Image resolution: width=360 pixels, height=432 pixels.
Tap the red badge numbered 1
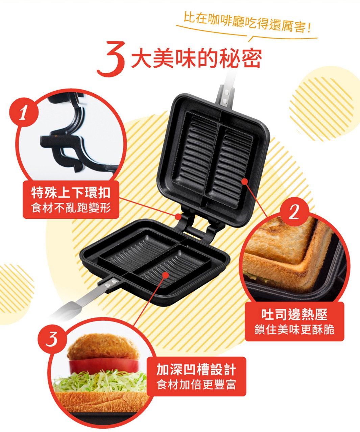pyautogui.click(x=24, y=112)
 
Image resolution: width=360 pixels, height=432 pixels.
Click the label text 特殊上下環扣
pyautogui.click(x=71, y=192)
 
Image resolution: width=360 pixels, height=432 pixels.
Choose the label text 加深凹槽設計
pyautogui.click(x=196, y=369)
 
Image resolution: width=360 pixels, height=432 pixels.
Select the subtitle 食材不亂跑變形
pyautogui.click(x=71, y=208)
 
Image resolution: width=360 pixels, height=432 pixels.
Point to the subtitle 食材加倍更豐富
pyautogui.click(x=196, y=385)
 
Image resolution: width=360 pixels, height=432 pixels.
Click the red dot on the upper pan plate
pyautogui.click(x=245, y=182)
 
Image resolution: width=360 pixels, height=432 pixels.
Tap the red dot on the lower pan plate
pyautogui.click(x=166, y=275)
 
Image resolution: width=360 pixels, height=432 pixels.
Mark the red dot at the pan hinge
pyautogui.click(x=178, y=217)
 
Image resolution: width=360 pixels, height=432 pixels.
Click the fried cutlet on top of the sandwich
pyautogui.click(x=103, y=347)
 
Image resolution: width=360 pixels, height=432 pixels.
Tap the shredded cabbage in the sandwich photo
pyautogui.click(x=100, y=381)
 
